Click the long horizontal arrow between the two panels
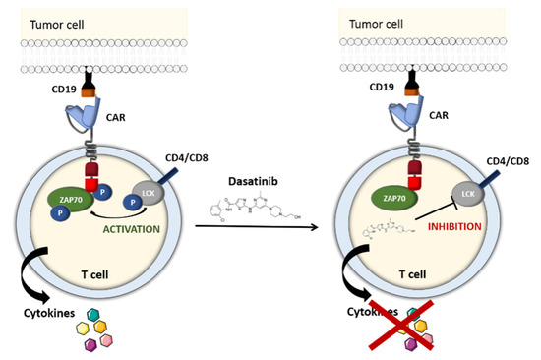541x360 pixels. click(271, 228)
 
